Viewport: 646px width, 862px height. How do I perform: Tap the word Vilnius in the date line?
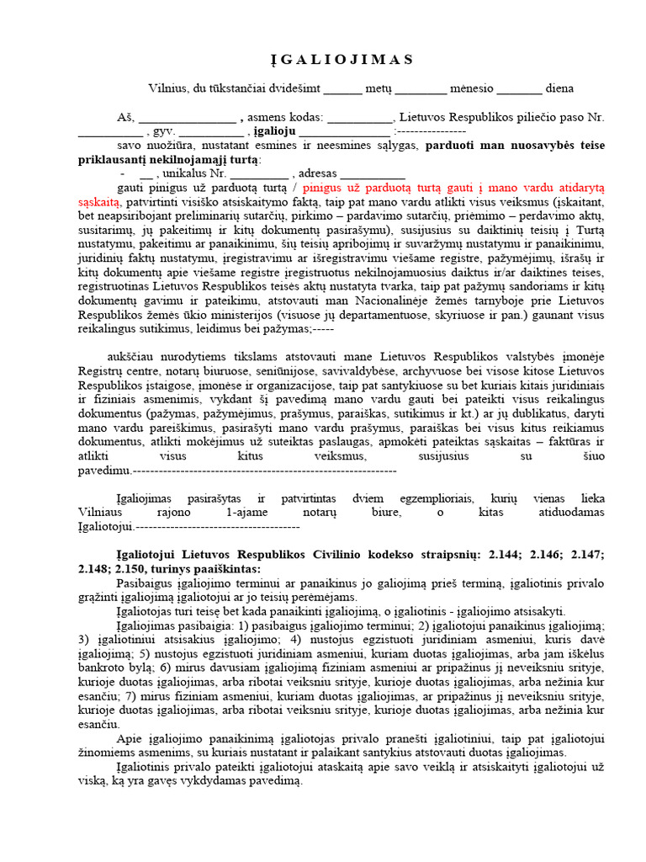pos(167,88)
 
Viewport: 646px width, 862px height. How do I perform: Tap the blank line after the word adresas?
pos(351,174)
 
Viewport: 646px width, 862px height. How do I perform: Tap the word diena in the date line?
pos(559,88)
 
